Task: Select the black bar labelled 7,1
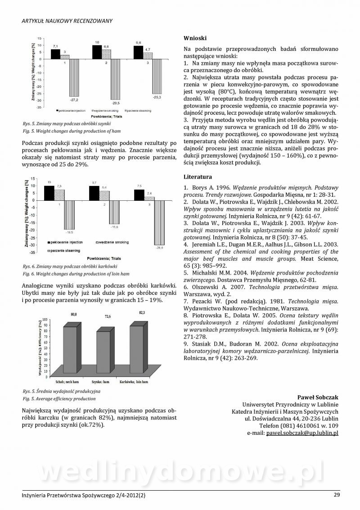[x=55, y=54]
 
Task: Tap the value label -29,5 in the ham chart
[x=115, y=103]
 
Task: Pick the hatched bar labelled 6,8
[x=106, y=54]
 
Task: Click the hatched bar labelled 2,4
[x=149, y=198]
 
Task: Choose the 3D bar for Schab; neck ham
[x=70, y=350]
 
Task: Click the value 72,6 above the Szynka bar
[x=108, y=316]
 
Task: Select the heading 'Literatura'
[x=198, y=177]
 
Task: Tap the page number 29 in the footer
[x=337, y=495]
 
